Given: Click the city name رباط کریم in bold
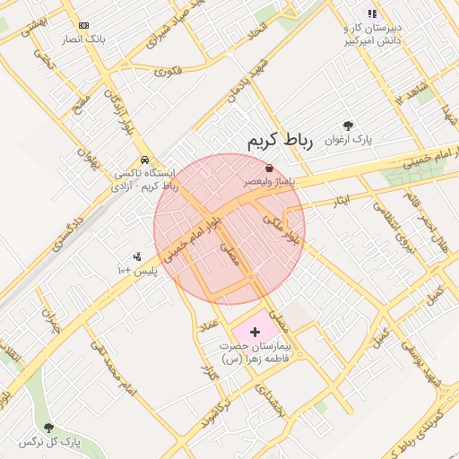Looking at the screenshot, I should tap(279, 141).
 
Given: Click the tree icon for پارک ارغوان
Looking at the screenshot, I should tap(348, 126).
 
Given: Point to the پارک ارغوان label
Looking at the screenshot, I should tap(373, 140).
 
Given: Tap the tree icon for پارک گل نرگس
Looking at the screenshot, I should tap(48, 429).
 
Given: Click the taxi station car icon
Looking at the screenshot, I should tap(143, 160).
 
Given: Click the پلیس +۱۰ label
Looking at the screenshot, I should tap(137, 270).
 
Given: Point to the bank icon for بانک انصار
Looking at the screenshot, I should tap(83, 26).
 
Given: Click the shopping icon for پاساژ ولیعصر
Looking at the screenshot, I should tap(270, 169).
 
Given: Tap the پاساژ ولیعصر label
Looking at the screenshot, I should tap(271, 181).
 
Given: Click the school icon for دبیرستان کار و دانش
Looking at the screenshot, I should tap(371, 13).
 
